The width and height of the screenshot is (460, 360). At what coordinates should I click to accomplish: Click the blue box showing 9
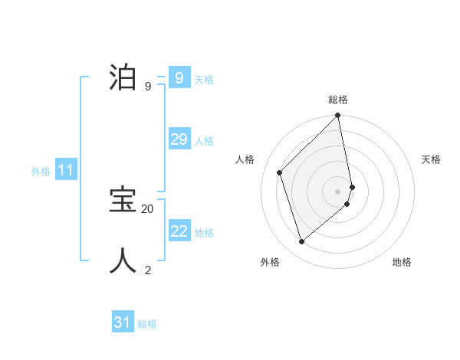(179, 78)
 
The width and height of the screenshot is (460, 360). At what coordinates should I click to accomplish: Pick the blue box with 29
(179, 139)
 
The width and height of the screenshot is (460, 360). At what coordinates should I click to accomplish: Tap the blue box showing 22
(179, 231)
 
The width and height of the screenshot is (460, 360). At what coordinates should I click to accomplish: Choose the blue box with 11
(65, 170)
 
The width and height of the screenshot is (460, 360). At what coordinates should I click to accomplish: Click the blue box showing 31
(123, 322)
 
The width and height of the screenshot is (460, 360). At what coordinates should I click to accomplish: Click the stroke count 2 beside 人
(148, 270)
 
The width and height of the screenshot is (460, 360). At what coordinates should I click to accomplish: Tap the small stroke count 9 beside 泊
(148, 87)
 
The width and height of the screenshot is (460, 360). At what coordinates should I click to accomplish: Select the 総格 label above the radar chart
(338, 100)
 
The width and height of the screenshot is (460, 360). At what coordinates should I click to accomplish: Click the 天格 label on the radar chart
(431, 159)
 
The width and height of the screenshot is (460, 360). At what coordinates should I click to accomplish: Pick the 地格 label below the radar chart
(402, 262)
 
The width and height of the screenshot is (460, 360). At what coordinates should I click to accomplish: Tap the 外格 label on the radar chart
(270, 262)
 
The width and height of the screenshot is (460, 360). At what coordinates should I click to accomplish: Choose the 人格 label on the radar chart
(245, 159)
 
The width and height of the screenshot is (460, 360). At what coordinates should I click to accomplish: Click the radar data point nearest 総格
(338, 116)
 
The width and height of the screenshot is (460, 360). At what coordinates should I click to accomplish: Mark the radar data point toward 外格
(302, 242)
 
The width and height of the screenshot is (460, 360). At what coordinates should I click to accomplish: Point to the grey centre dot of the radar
(338, 191)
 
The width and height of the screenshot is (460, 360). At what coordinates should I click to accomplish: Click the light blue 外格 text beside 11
(41, 172)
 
